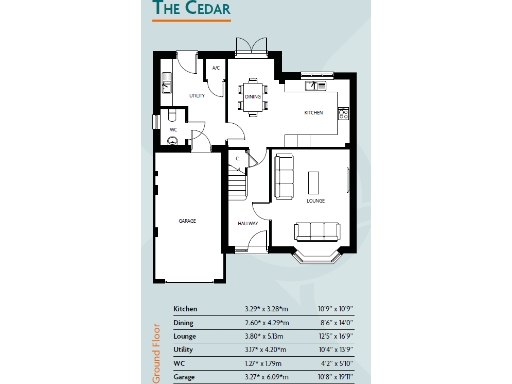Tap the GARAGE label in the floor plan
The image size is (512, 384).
(187, 220)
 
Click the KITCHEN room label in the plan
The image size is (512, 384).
(314, 114)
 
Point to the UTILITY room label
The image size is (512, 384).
(197, 96)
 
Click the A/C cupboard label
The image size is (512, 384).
(216, 69)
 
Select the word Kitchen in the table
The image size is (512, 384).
(186, 309)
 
